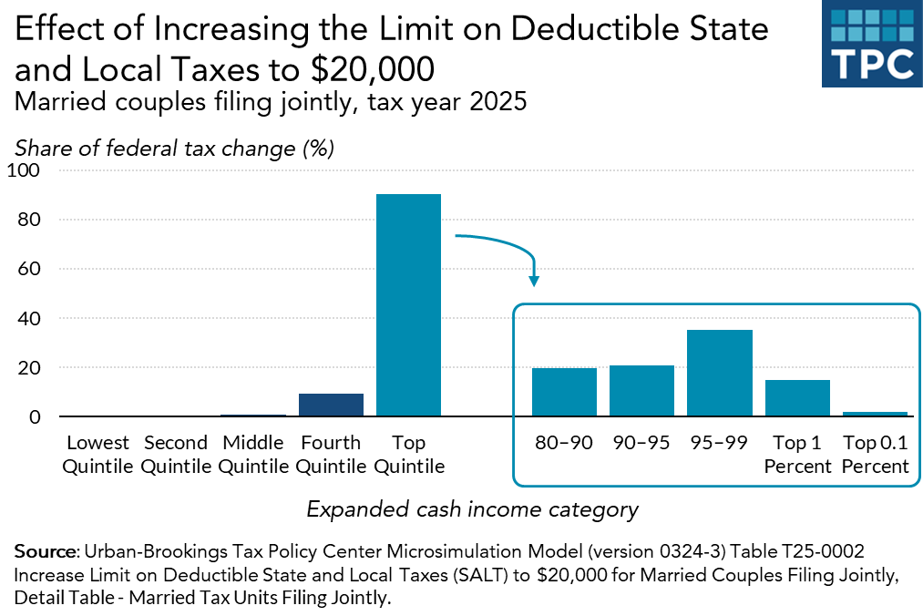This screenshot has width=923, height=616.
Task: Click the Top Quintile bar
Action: click(x=408, y=305)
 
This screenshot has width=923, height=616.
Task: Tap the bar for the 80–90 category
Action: click(x=564, y=393)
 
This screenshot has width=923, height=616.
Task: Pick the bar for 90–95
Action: click(x=641, y=391)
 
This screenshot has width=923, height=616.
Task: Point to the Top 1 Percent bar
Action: click(x=797, y=398)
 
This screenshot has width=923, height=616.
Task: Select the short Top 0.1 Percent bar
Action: click(x=875, y=414)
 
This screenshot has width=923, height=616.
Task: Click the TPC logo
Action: click(x=872, y=45)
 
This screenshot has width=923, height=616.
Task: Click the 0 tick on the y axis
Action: click(x=35, y=417)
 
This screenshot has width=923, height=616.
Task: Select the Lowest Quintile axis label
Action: click(x=97, y=454)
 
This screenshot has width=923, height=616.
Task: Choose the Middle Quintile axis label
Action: click(x=253, y=454)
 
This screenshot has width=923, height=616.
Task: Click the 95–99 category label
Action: click(x=720, y=444)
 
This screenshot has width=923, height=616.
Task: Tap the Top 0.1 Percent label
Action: click(x=875, y=454)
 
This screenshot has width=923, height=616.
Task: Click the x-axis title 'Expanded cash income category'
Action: click(x=472, y=509)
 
